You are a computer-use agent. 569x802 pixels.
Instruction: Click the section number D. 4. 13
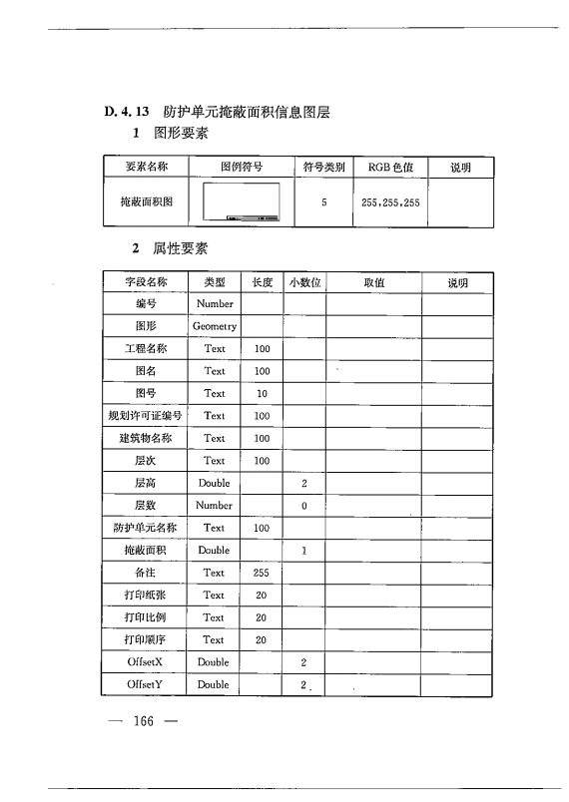pyautogui.click(x=127, y=113)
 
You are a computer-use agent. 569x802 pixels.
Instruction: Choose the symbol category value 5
pyautogui.click(x=324, y=202)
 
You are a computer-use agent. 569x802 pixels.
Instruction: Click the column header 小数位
pyautogui.click(x=304, y=282)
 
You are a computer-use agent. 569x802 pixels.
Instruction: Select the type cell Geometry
pyautogui.click(x=215, y=326)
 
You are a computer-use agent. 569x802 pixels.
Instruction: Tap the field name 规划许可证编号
pyautogui.click(x=146, y=416)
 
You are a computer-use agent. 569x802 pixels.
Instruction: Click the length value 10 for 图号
pyautogui.click(x=262, y=393)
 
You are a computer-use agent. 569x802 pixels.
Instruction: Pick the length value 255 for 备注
pyautogui.click(x=262, y=573)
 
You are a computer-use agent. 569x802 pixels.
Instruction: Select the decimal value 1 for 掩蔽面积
pyautogui.click(x=304, y=551)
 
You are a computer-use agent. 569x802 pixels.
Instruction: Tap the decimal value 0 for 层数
pyautogui.click(x=304, y=506)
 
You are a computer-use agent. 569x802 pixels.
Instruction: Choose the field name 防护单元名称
pyautogui.click(x=146, y=528)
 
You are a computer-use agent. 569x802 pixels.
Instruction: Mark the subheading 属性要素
pyautogui.click(x=181, y=248)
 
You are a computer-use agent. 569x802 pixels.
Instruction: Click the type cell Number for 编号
pyautogui.click(x=215, y=303)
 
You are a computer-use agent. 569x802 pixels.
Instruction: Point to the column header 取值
pyautogui.click(x=373, y=282)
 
